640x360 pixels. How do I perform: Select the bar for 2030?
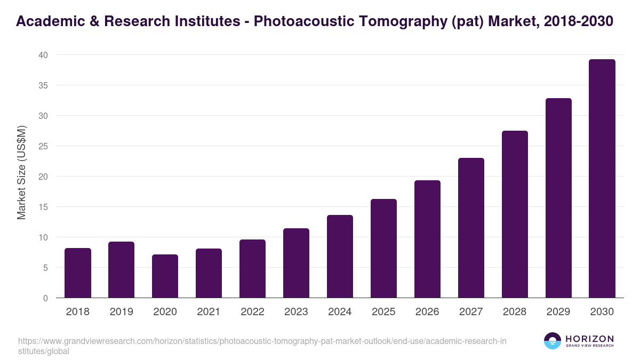pyautogui.click(x=602, y=179)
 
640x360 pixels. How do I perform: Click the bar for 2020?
pyautogui.click(x=165, y=276)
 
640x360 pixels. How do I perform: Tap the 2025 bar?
pyautogui.click(x=383, y=249)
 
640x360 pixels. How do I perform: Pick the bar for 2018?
pyautogui.click(x=78, y=273)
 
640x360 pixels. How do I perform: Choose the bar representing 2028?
pyautogui.click(x=515, y=214)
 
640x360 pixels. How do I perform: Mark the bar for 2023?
pyautogui.click(x=296, y=263)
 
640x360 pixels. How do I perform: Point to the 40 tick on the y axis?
pyautogui.click(x=43, y=55)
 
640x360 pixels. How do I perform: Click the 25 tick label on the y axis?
pyautogui.click(x=43, y=146)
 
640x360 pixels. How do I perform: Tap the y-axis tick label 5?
pyautogui.click(x=45, y=268)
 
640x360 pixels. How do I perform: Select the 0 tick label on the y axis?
pyautogui.click(x=45, y=298)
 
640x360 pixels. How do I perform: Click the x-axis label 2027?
pyautogui.click(x=471, y=312)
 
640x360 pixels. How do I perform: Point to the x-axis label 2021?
pyautogui.click(x=209, y=312)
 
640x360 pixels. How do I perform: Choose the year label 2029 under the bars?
pyautogui.click(x=558, y=312)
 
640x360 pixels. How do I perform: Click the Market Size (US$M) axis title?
pyautogui.click(x=21, y=172)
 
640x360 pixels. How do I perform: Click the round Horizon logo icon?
pyautogui.click(x=553, y=341)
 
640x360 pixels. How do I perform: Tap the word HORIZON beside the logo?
pyautogui.click(x=589, y=339)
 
